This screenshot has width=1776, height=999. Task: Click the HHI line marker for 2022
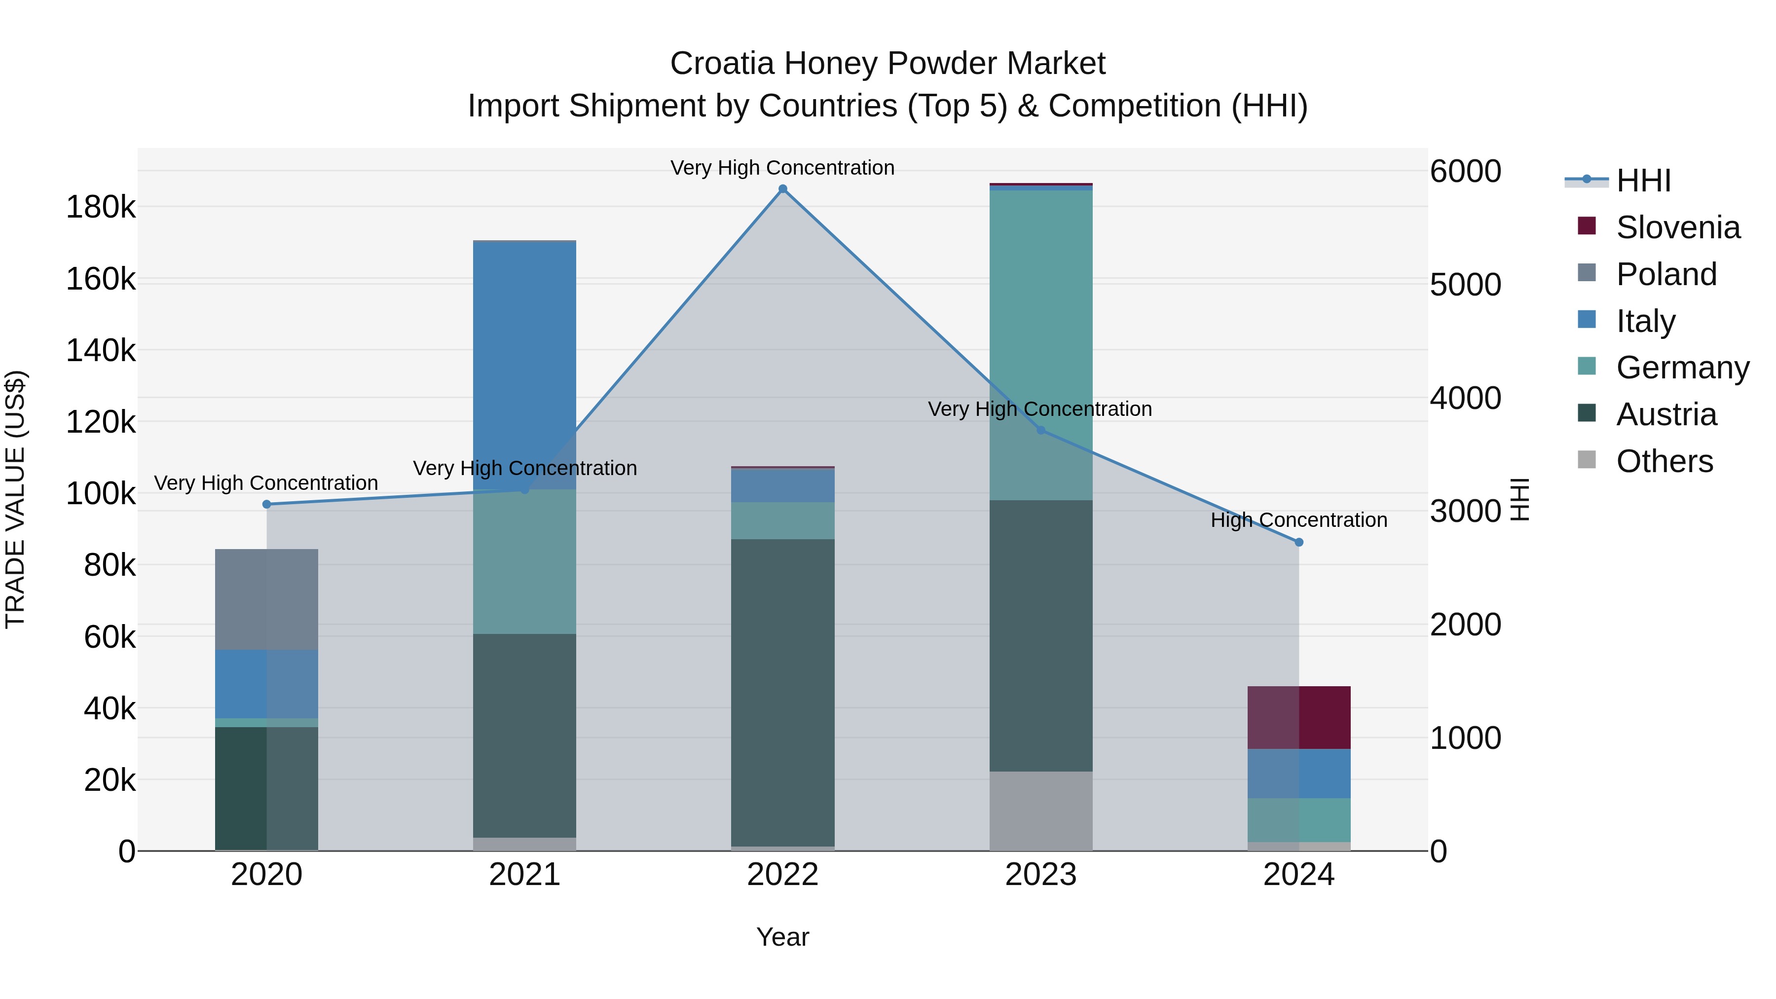click(782, 189)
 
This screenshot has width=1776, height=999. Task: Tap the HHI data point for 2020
click(267, 505)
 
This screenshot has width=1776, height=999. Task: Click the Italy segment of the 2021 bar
click(524, 359)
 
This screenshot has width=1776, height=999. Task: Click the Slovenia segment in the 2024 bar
click(1299, 717)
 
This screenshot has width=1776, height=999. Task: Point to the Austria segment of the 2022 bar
click(782, 690)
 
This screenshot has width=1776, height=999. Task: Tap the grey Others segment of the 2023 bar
click(1041, 810)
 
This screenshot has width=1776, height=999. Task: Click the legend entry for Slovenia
click(1677, 227)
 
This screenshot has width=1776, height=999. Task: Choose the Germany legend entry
click(1682, 368)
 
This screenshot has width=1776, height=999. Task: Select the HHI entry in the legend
click(1643, 181)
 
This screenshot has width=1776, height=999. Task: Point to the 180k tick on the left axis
click(101, 207)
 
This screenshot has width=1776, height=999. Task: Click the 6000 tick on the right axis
click(1465, 171)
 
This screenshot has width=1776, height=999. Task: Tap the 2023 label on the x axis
click(1041, 875)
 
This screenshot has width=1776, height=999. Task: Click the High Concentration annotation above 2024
click(1299, 520)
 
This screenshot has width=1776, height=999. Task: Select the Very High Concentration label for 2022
click(782, 168)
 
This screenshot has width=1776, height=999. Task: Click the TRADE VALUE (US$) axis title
click(15, 499)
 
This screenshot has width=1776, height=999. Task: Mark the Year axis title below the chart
click(782, 937)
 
